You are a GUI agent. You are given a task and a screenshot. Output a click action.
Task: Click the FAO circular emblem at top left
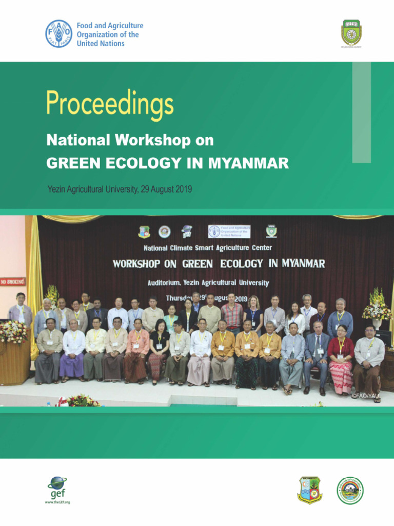click(58, 34)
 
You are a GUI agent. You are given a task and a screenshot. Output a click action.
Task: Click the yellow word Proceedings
click(110, 104)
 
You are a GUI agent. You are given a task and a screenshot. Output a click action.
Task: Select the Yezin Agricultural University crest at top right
click(351, 32)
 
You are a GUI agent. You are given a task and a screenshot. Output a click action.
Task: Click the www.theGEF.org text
click(57, 502)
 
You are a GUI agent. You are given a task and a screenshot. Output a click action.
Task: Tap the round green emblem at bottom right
click(350, 490)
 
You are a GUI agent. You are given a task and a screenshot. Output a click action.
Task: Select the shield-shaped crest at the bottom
click(310, 490)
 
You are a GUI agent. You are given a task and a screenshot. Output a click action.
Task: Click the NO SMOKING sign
click(13, 282)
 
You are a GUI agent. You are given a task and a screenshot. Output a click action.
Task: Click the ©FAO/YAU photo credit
click(366, 396)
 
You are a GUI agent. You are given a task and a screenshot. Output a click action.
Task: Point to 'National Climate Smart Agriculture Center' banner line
click(207, 248)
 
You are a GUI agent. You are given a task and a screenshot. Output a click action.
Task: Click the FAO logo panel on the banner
click(229, 231)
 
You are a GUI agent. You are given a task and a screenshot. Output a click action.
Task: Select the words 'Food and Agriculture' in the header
click(110, 26)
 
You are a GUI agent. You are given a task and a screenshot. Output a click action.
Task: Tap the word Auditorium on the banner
click(167, 283)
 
